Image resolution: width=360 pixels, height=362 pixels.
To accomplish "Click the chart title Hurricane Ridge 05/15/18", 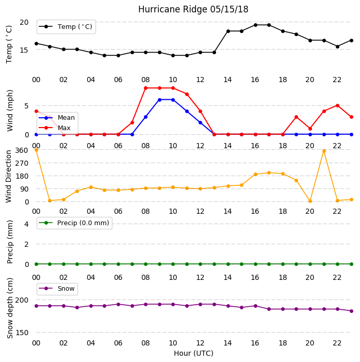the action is tap(193, 9).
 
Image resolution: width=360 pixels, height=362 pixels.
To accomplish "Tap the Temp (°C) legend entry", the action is tap(66, 27).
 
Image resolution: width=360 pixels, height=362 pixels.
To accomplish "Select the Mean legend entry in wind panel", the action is tap(57, 118).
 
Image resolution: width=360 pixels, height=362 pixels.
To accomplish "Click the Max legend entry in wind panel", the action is tap(55, 128).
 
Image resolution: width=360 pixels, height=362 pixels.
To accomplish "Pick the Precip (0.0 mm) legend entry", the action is tap(74, 223).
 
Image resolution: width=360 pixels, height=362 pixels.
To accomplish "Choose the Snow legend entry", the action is tap(57, 289).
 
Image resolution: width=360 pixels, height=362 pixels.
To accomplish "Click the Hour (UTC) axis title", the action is tap(193, 353).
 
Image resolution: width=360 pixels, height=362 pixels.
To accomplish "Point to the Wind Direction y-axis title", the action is tap(9, 177).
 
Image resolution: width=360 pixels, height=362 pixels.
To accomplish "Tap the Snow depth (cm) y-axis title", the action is tap(9, 308).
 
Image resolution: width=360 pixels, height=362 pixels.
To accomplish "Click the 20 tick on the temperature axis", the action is tap(24, 22).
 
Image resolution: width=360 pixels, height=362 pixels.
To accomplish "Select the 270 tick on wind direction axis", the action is tap(22, 163).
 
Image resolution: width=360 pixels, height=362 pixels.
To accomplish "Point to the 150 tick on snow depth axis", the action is tap(22, 333).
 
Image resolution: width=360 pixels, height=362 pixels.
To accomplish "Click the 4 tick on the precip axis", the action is tap(26, 224).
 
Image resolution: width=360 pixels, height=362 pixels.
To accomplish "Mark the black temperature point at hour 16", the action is tap(255, 25).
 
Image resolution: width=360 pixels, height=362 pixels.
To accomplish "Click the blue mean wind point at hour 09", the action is tap(159, 100).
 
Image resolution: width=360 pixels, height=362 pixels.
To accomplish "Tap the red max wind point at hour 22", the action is tap(337, 105).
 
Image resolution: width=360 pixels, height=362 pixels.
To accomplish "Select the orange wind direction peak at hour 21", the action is tap(324, 151).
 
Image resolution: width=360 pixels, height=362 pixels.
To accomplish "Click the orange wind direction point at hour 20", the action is tap(310, 201).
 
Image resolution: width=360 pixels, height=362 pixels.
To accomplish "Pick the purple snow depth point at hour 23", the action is tap(351, 311).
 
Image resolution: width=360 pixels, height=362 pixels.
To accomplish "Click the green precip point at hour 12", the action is tap(200, 264).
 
